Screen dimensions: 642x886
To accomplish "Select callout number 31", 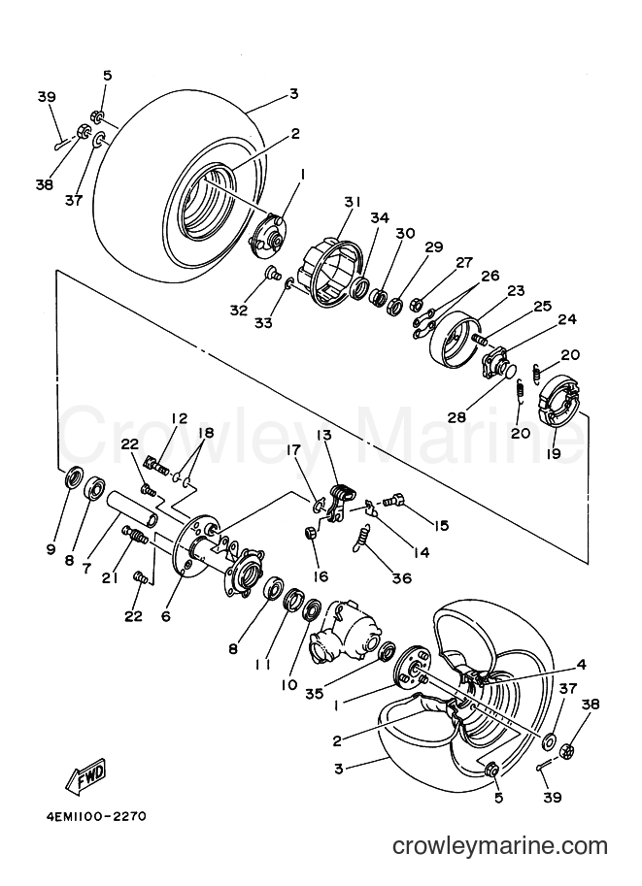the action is point(351,202).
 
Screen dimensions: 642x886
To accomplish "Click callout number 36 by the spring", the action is point(401,578).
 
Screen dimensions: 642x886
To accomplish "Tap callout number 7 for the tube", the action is point(86,569).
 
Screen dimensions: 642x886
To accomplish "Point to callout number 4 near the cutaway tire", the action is point(581,665).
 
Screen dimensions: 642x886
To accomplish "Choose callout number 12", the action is point(179,418).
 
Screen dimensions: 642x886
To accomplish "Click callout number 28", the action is point(456,417).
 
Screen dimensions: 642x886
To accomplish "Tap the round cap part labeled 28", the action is point(509,372).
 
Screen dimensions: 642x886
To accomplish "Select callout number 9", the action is point(51,548).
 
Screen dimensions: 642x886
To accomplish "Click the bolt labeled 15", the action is point(394,501).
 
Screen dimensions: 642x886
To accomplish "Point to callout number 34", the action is point(380,217).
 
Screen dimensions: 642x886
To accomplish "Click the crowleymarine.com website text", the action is point(500,846).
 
